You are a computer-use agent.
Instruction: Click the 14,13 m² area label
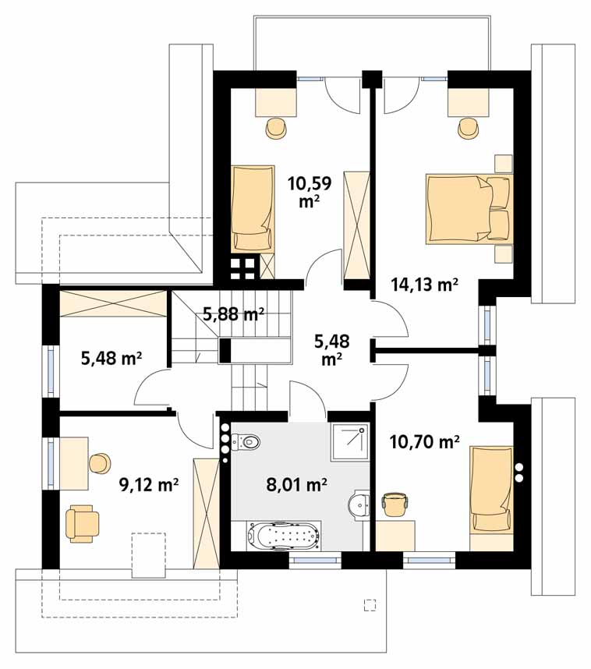pyautogui.click(x=425, y=284)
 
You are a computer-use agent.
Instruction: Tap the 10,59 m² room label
pyautogui.click(x=310, y=192)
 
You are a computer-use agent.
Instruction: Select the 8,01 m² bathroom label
pyautogui.click(x=296, y=485)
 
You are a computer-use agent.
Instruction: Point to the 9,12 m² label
pyautogui.click(x=148, y=485)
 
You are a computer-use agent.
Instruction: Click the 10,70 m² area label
pyautogui.click(x=425, y=442)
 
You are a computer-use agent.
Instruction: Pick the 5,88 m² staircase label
pyautogui.click(x=233, y=314)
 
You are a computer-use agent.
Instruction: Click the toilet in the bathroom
pyautogui.click(x=246, y=441)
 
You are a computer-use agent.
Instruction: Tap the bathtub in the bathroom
pyautogui.click(x=283, y=535)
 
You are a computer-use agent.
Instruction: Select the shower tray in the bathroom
pyautogui.click(x=349, y=441)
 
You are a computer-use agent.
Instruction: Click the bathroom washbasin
pyautogui.click(x=359, y=505)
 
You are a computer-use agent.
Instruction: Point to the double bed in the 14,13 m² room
pyautogui.click(x=469, y=209)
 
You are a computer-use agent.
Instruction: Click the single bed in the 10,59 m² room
pyautogui.click(x=253, y=208)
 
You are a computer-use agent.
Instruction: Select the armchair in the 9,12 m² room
pyautogui.click(x=83, y=523)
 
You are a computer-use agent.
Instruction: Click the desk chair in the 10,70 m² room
pyautogui.click(x=395, y=504)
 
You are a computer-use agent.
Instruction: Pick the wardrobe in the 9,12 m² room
pyautogui.click(x=206, y=514)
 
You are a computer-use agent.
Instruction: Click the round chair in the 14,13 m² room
pyautogui.click(x=469, y=128)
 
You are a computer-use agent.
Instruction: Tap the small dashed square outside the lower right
pyautogui.click(x=370, y=605)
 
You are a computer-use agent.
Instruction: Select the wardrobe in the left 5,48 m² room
pyautogui.click(x=113, y=303)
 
